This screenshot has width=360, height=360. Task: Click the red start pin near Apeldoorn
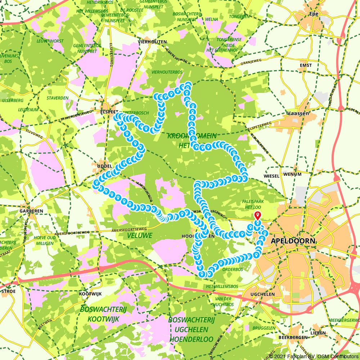click(x=258, y=216)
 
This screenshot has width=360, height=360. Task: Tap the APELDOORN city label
click(x=293, y=241)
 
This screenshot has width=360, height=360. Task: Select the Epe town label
click(x=314, y=14)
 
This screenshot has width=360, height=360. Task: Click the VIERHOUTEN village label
click(x=152, y=42)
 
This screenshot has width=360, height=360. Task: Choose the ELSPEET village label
click(x=109, y=111)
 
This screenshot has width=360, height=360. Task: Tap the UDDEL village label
click(x=105, y=166)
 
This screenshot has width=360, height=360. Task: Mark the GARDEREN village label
click(x=32, y=211)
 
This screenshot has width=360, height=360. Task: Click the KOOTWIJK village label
click(x=90, y=294)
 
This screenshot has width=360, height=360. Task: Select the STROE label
click(x=9, y=291)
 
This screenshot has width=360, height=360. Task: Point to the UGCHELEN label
click(x=262, y=294)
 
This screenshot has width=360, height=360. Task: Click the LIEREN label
click(x=319, y=333)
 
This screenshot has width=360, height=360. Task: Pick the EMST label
click(x=306, y=66)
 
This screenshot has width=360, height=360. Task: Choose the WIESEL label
click(x=272, y=176)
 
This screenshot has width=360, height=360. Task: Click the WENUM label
click(x=292, y=174)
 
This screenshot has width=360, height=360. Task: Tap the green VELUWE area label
click(x=140, y=235)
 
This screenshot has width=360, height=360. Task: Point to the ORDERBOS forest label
click(x=233, y=269)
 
